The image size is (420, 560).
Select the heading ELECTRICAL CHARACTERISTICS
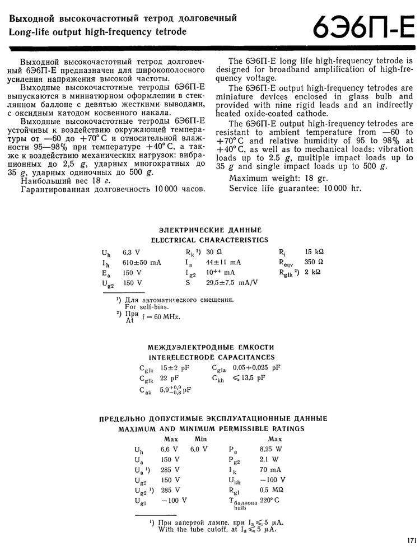click(210, 240)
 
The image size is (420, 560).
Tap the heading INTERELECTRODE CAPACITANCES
click(212, 357)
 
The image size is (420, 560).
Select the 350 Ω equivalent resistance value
click(314, 262)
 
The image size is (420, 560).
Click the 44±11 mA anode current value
click(223, 262)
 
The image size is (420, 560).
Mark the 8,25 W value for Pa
click(270, 449)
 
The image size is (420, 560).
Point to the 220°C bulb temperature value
click(269, 500)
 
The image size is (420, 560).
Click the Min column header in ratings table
click(200, 439)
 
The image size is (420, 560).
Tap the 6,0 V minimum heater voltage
click(199, 449)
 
